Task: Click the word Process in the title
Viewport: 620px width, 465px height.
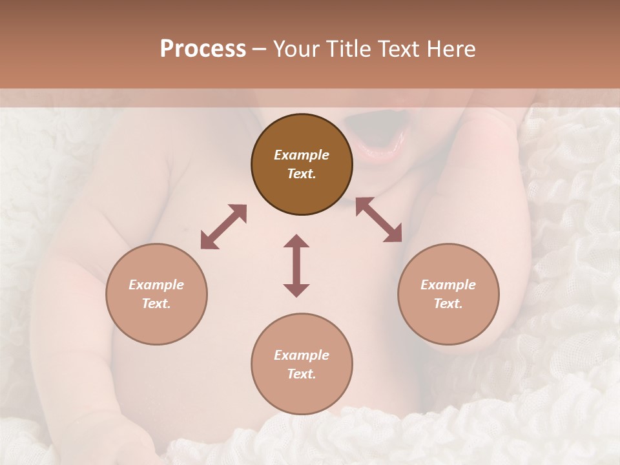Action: [203, 48]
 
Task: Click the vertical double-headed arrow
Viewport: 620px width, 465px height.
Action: [296, 265]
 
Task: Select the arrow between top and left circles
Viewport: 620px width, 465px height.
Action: [223, 227]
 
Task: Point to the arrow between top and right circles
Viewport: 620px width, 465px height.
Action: [378, 220]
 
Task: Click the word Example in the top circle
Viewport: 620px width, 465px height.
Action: [302, 155]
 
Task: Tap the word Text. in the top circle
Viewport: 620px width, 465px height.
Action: [302, 174]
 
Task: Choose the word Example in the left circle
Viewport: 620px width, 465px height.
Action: [156, 285]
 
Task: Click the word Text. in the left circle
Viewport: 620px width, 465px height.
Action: [156, 304]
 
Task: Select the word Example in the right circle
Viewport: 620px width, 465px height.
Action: [448, 285]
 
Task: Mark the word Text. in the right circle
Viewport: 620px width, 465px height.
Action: [448, 304]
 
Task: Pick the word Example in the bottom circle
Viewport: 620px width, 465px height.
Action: [302, 355]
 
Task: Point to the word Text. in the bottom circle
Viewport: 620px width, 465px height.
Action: [302, 374]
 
